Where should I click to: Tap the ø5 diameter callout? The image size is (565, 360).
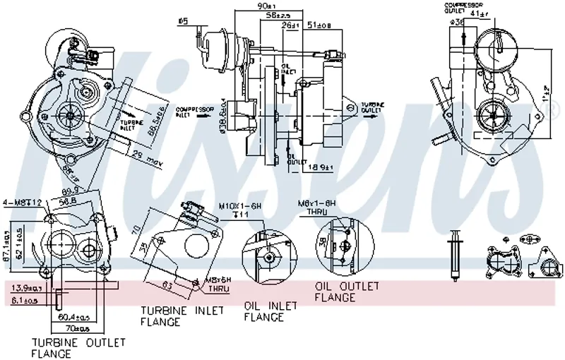[184, 21]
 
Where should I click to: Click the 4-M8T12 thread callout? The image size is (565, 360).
[23, 203]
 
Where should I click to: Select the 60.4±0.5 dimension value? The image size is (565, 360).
[67, 317]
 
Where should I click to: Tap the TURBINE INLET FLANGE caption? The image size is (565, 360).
[182, 316]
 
